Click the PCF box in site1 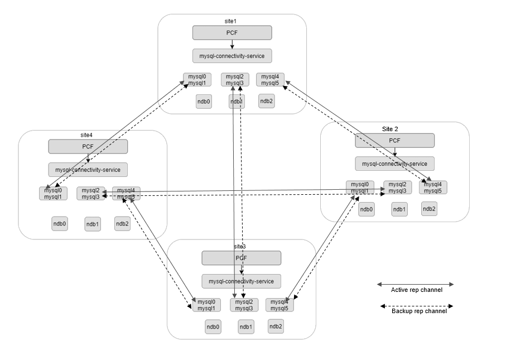232,33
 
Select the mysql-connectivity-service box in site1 232,56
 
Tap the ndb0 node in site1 204,101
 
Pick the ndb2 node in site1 267,100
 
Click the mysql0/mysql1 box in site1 197,80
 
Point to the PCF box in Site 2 394,141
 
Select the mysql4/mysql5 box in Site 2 433,188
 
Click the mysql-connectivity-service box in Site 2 394,164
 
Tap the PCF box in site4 88,146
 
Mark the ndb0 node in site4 60,224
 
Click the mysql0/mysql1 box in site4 52,193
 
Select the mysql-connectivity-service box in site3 241,281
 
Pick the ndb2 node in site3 276,327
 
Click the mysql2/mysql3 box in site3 244,305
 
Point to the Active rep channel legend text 416,290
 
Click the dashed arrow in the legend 416,306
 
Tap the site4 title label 86,135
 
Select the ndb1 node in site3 245,327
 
